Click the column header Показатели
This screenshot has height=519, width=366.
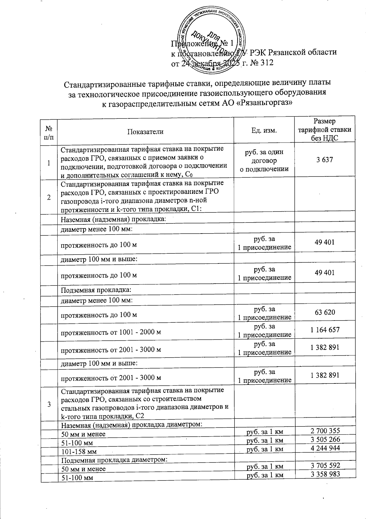click(x=145, y=132)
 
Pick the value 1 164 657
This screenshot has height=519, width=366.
click(x=325, y=330)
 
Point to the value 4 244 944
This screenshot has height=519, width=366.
click(x=325, y=448)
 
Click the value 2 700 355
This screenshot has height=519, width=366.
click(x=325, y=430)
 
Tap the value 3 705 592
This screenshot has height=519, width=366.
click(x=325, y=465)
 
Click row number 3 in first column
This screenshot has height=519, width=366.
click(x=49, y=404)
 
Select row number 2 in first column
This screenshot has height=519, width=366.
click(x=49, y=197)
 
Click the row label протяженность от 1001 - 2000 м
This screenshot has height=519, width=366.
click(x=111, y=332)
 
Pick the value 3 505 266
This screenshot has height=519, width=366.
click(x=325, y=439)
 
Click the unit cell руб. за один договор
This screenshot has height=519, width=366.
click(x=264, y=161)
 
